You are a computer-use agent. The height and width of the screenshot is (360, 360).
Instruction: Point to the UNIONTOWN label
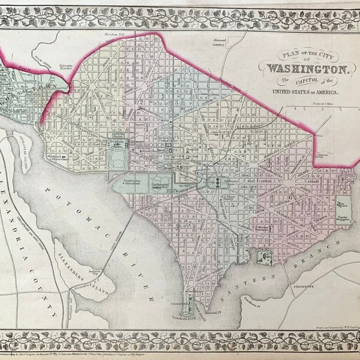click(x=304, y=287)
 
